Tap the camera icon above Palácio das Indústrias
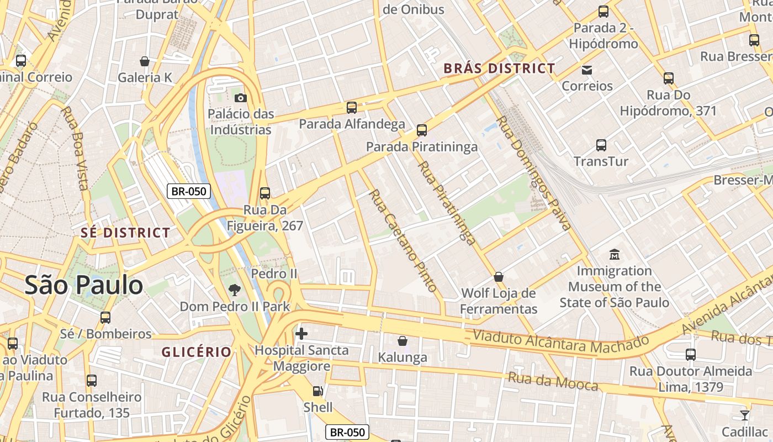click(x=240, y=98)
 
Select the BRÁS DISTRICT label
click(x=500, y=69)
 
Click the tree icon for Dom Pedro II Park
click(x=235, y=290)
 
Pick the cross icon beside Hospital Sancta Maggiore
click(x=301, y=333)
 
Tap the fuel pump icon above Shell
click(x=318, y=391)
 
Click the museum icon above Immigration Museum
click(x=614, y=255)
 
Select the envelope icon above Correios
click(x=586, y=70)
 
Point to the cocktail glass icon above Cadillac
click(x=744, y=415)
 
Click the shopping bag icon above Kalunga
click(x=403, y=341)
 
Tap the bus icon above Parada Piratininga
click(x=422, y=130)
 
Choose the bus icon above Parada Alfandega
click(x=352, y=108)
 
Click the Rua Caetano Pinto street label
click(x=403, y=241)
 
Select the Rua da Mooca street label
click(x=553, y=381)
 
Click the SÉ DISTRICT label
click(x=125, y=233)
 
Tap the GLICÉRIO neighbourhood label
click(x=196, y=352)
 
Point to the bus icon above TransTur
click(x=601, y=145)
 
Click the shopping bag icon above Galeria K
click(x=145, y=61)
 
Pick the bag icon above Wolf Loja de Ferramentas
click(x=499, y=276)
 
